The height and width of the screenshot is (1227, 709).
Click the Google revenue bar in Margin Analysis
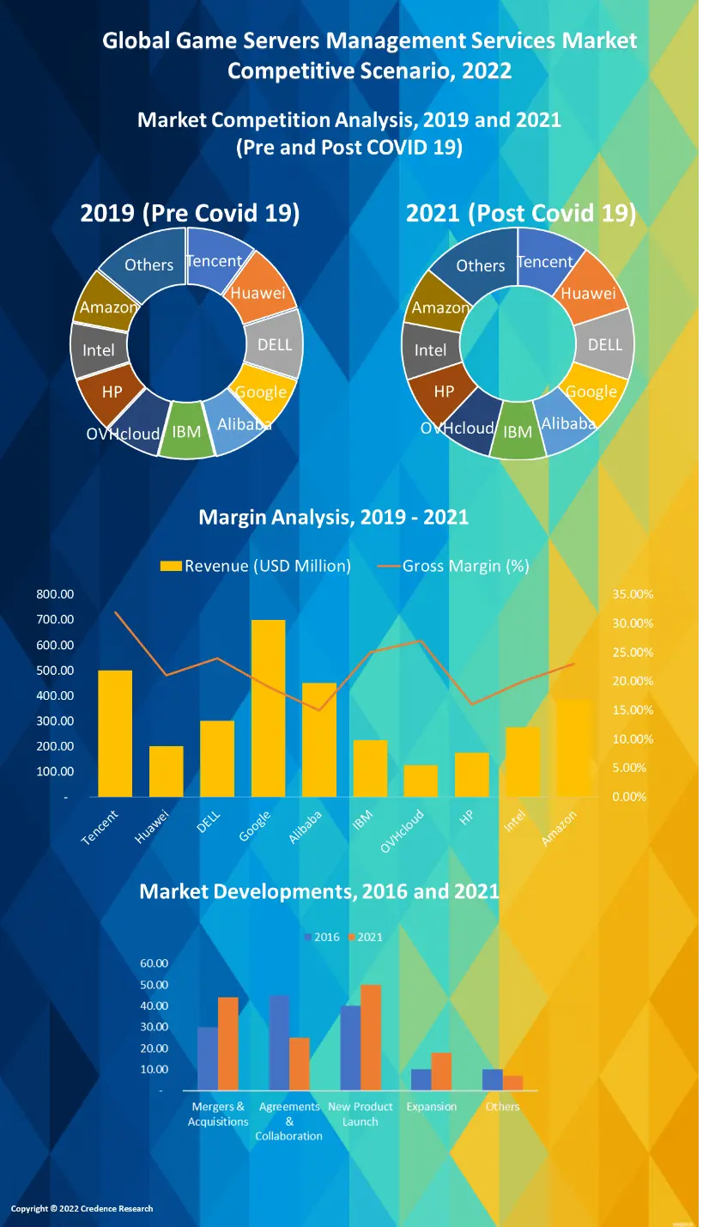268,708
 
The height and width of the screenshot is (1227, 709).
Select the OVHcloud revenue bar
421,781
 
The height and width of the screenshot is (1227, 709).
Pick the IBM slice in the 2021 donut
518,431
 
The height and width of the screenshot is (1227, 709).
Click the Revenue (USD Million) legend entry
257,566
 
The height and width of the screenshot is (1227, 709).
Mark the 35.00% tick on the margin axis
632,594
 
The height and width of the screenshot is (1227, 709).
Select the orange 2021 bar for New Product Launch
371,1037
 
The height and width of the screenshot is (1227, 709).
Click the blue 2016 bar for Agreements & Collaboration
279,1042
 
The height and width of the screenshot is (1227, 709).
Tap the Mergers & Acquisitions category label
218,1115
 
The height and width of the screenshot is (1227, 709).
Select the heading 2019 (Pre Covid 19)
190,213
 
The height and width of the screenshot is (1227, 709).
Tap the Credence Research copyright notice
82,1209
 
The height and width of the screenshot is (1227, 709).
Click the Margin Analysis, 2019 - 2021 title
333,517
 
